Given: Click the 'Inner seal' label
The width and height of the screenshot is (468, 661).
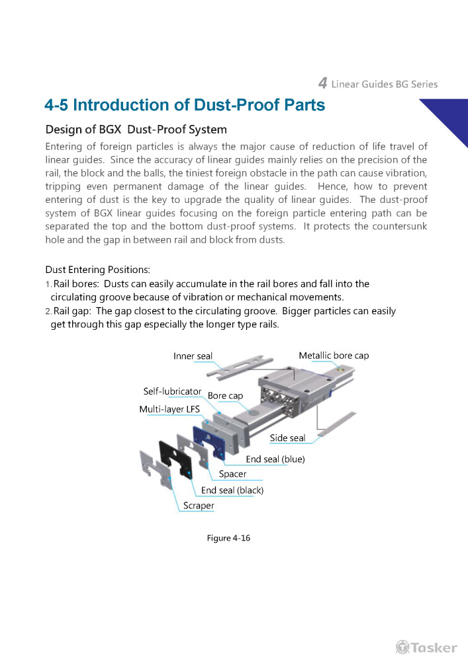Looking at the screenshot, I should pyautogui.click(x=193, y=356).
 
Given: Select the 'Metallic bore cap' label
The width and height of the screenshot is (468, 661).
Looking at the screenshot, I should pyautogui.click(x=334, y=356).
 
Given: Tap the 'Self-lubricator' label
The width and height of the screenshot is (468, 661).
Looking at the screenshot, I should pyautogui.click(x=172, y=391).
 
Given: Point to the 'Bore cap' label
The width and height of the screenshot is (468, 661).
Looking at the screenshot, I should pyautogui.click(x=225, y=395).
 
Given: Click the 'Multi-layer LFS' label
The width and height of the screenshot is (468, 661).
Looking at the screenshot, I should pyautogui.click(x=169, y=409).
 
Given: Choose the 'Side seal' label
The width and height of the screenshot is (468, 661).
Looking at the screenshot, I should pyautogui.click(x=287, y=438).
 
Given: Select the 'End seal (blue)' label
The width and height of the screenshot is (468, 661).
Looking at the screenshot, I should pyautogui.click(x=275, y=459).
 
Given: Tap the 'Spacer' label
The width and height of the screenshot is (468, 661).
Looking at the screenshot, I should pyautogui.click(x=232, y=474).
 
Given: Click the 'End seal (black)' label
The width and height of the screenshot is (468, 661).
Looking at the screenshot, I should pyautogui.click(x=232, y=490).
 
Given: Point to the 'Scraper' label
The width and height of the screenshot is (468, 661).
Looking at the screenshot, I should pyautogui.click(x=199, y=506).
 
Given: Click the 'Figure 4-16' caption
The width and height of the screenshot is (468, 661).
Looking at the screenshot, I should pyautogui.click(x=228, y=538).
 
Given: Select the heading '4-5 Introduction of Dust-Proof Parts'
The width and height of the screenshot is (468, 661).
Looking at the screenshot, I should pyautogui.click(x=185, y=105).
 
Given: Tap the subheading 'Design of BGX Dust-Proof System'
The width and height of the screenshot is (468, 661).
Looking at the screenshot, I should pyautogui.click(x=136, y=129).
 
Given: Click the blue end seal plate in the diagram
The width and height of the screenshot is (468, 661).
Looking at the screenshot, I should pyautogui.click(x=210, y=442).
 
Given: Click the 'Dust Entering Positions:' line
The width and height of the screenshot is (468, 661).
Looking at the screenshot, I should pyautogui.click(x=97, y=270).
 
